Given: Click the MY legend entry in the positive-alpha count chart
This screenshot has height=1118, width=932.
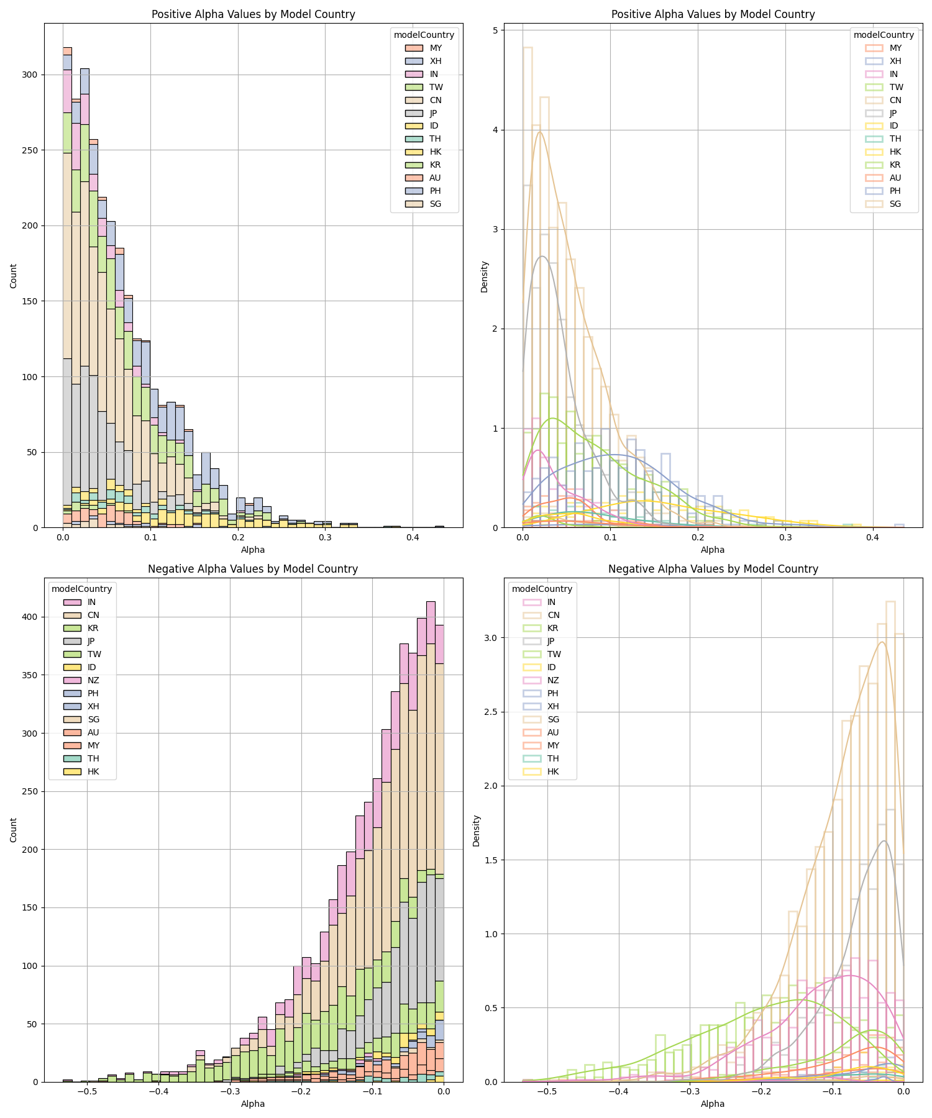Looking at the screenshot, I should click(436, 48).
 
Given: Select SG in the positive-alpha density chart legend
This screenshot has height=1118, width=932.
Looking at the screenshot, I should click(895, 204).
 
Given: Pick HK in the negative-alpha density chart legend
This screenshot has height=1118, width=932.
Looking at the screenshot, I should click(552, 771).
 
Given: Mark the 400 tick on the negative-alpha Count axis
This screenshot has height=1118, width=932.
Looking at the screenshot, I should click(30, 617).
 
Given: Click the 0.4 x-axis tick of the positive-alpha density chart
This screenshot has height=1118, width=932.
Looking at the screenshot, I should click(872, 537).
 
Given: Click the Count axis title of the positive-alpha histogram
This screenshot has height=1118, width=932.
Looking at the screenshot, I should click(14, 275).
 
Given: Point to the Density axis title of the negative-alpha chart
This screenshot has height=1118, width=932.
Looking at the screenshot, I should click(477, 830).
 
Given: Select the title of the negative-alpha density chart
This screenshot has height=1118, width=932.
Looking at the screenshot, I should click(713, 569).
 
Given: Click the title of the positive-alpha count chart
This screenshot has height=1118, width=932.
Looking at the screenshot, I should click(253, 14).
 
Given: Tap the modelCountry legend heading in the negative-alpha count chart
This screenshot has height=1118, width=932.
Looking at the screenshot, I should click(81, 589).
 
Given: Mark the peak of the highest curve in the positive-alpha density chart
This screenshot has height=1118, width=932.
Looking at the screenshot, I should click(540, 131).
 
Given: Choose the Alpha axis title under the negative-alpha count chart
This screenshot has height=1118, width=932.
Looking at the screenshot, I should click(253, 1104).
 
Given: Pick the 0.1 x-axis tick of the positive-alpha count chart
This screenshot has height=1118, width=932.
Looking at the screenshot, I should click(150, 537).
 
